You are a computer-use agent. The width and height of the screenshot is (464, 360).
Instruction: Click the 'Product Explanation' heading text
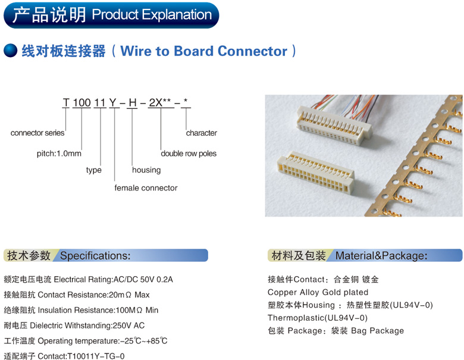tap(152, 15)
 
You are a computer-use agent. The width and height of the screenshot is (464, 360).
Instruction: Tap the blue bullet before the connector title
tap(10, 51)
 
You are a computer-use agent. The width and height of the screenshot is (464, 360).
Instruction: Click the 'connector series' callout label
tap(37, 133)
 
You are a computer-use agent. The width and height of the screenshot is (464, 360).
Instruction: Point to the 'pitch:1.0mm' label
tap(59, 154)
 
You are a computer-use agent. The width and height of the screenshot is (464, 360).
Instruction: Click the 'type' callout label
tap(94, 170)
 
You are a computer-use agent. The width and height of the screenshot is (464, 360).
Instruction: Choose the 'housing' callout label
tap(146, 170)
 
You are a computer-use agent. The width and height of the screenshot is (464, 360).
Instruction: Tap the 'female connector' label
tap(146, 188)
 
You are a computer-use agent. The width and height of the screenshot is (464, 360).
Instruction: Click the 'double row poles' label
tap(189, 154)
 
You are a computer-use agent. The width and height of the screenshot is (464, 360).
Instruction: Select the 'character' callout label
tap(202, 133)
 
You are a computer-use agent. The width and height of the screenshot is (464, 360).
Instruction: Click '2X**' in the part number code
tap(160, 103)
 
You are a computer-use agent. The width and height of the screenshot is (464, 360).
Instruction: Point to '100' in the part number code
tap(81, 103)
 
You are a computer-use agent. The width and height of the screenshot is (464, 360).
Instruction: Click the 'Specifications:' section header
tap(95, 256)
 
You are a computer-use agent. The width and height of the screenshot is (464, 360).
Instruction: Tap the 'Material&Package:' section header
tap(381, 256)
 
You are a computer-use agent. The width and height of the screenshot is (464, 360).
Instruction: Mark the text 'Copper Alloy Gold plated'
tap(318, 292)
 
